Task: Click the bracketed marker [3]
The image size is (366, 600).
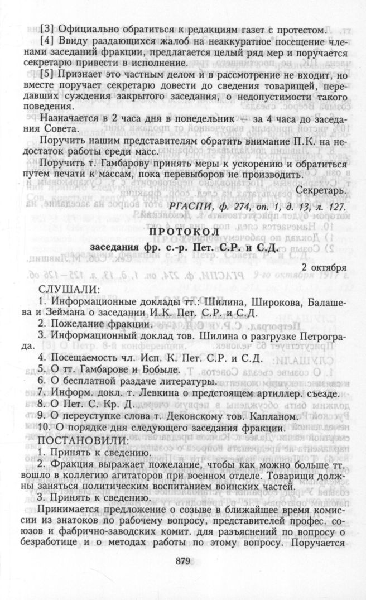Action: tap(47, 29)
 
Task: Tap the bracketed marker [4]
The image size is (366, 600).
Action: tap(47, 45)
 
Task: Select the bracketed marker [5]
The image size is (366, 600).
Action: tap(47, 75)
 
